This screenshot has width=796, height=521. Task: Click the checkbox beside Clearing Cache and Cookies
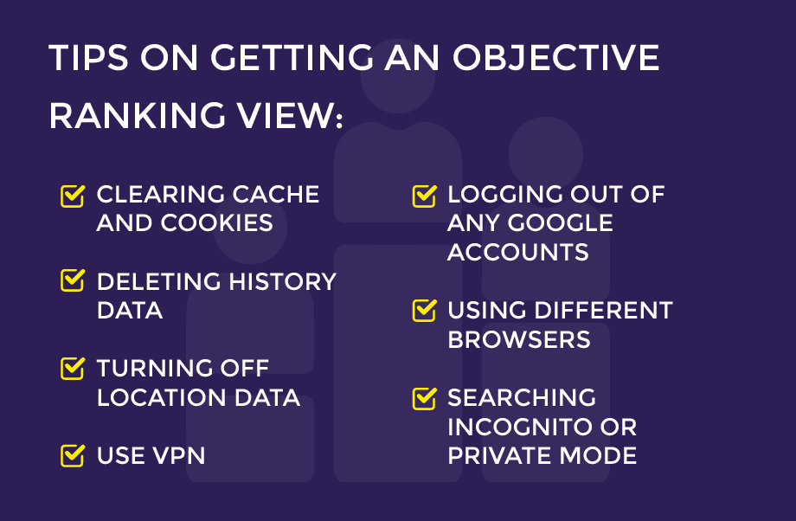pos(72,196)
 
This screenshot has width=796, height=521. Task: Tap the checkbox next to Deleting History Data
pos(72,280)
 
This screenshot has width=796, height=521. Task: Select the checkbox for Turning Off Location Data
pos(72,368)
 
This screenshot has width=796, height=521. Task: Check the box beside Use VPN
pos(72,455)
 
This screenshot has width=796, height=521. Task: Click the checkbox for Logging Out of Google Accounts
pos(425,196)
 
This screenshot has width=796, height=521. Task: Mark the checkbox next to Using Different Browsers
pos(425,311)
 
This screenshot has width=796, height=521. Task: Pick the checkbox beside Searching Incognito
pos(425,398)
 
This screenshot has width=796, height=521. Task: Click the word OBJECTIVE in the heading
pos(555,58)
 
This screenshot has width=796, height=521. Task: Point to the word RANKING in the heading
pos(137,116)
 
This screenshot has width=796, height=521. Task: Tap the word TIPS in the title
pos(89,58)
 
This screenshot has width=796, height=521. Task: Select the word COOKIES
pos(217,223)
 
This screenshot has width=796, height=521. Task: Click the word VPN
pos(179,455)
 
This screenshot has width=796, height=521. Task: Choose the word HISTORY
pos(282,281)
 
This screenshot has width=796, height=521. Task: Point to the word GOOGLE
pos(561,223)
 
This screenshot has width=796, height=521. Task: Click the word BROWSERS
pos(519,340)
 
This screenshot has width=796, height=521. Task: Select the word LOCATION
pos(162,397)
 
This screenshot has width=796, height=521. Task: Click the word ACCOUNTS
pos(517,252)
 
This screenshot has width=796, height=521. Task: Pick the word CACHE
pos(276,194)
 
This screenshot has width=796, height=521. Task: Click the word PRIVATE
pos(497,455)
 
